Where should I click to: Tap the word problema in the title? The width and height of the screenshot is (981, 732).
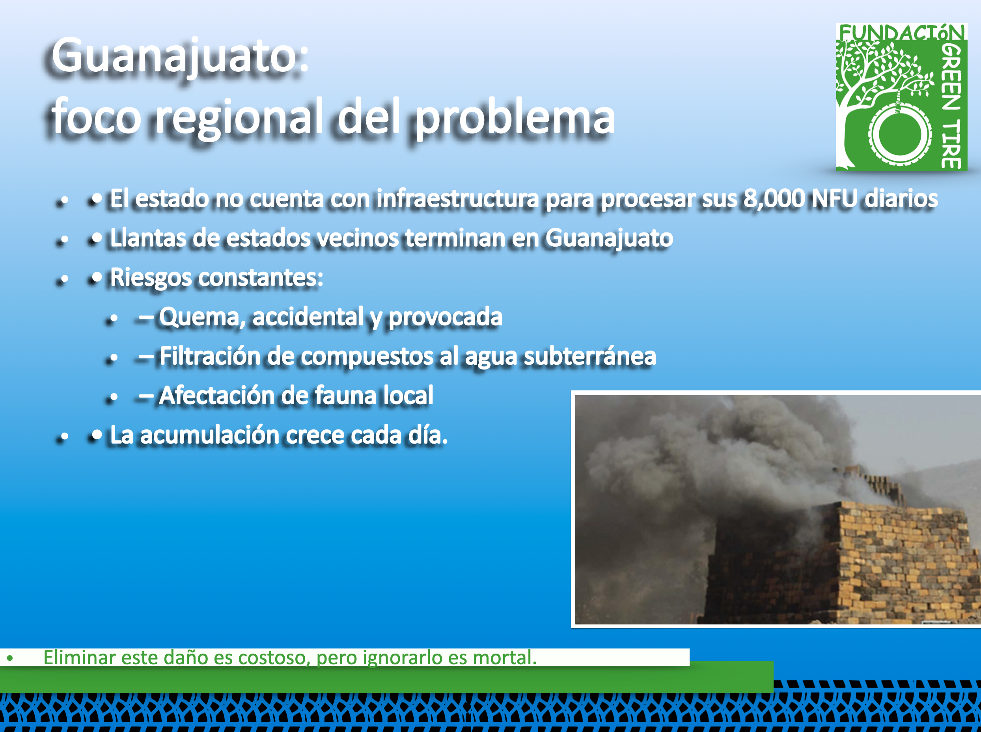515,117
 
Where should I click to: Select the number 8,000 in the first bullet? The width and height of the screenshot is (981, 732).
774,198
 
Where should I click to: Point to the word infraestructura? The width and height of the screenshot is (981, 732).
457,198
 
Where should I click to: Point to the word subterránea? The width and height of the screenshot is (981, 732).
589,356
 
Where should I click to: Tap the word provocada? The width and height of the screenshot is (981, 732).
445,317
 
